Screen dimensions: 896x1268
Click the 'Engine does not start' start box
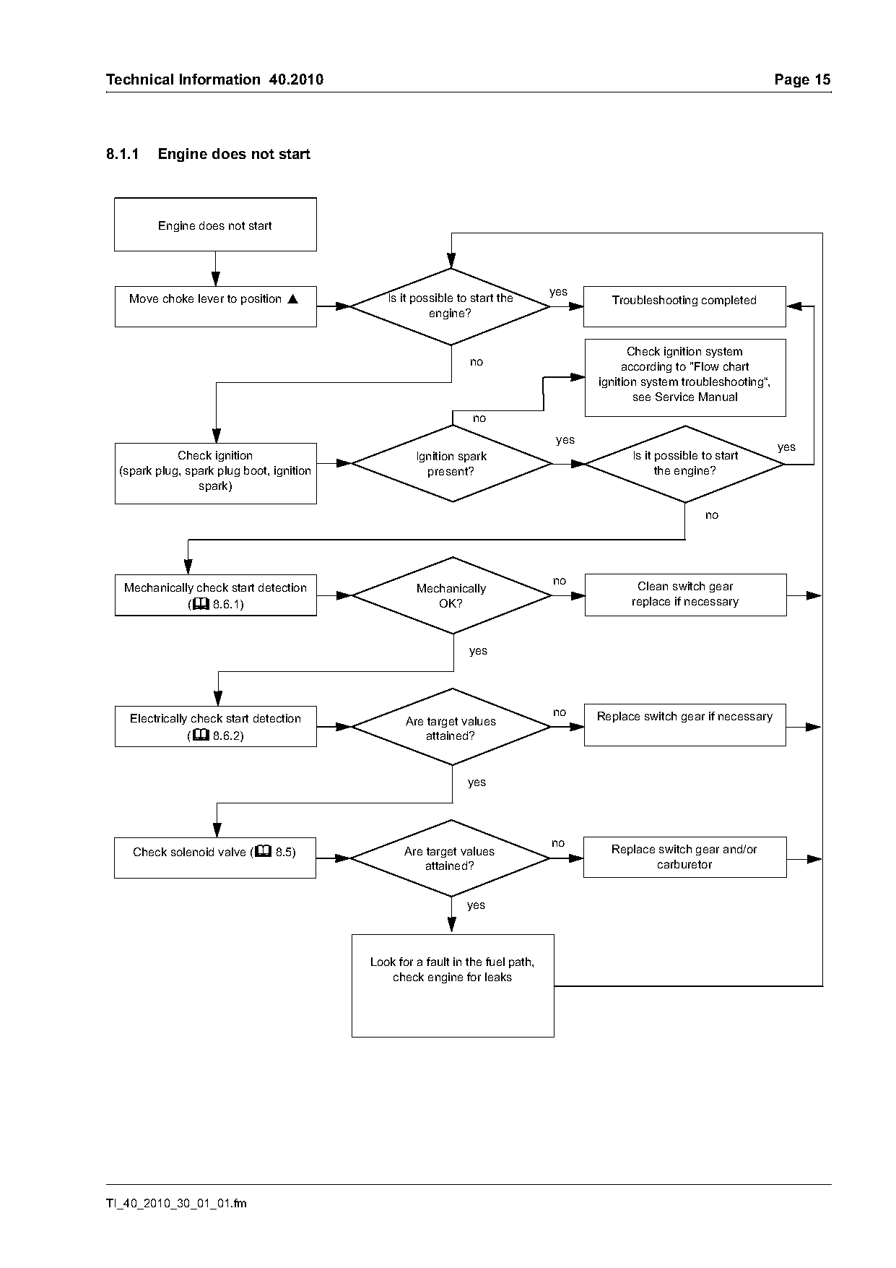coord(215,225)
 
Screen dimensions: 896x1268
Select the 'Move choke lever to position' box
coord(215,306)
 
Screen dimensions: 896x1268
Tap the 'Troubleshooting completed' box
coord(684,306)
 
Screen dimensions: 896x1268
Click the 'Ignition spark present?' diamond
coord(452,463)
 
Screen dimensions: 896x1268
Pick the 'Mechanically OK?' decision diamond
coord(452,595)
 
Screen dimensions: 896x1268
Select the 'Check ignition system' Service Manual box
coord(685,378)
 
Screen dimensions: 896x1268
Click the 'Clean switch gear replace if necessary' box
coord(685,595)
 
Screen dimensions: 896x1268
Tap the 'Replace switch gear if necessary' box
coord(684,725)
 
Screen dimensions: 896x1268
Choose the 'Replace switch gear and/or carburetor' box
coord(684,857)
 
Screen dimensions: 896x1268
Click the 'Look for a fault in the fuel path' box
coord(453,985)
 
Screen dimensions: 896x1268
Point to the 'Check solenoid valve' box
coord(215,858)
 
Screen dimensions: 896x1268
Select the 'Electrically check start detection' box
coord(215,726)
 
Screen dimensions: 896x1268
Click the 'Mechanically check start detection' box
coord(215,595)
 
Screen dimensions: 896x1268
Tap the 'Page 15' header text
coord(802,79)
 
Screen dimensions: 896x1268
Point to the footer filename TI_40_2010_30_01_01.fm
coord(176,1204)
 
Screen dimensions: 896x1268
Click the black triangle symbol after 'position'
coord(292,298)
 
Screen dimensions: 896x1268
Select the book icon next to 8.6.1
coord(201,603)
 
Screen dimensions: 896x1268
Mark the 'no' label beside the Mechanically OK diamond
coord(560,581)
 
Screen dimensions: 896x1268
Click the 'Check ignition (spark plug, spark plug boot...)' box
coord(215,473)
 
